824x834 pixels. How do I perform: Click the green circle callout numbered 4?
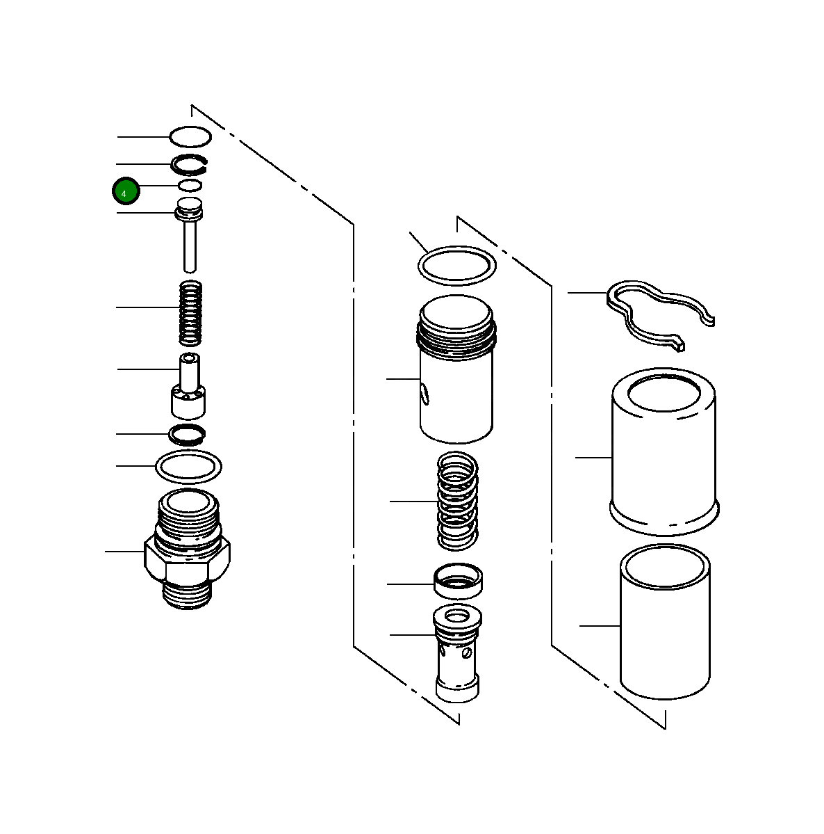pyautogui.click(x=126, y=191)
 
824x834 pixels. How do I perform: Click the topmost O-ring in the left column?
pyautogui.click(x=190, y=128)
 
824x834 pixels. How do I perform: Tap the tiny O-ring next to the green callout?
pyautogui.click(x=190, y=185)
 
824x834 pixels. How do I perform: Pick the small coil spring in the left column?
pyautogui.click(x=191, y=312)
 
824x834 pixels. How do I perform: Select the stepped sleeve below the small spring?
pyautogui.click(x=188, y=390)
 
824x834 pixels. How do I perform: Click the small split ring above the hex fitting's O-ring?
pyautogui.click(x=188, y=435)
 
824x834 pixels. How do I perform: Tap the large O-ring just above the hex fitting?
pyautogui.click(x=189, y=466)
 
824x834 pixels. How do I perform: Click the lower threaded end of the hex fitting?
pyautogui.click(x=186, y=595)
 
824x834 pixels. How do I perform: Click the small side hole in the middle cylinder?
pyautogui.click(x=425, y=396)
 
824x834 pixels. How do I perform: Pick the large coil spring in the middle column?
pyautogui.click(x=457, y=501)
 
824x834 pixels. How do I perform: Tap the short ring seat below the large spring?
pyautogui.click(x=459, y=581)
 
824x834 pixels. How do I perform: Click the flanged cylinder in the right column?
pyautogui.click(x=663, y=452)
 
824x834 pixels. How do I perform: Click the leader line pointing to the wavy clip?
pyautogui.click(x=588, y=293)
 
